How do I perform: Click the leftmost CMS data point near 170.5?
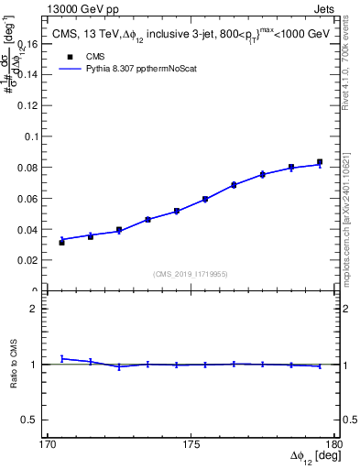tap(62, 242)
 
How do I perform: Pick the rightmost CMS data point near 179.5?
tap(320, 162)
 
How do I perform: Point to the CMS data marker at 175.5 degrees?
tap(205, 199)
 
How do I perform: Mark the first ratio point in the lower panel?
tap(62, 358)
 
